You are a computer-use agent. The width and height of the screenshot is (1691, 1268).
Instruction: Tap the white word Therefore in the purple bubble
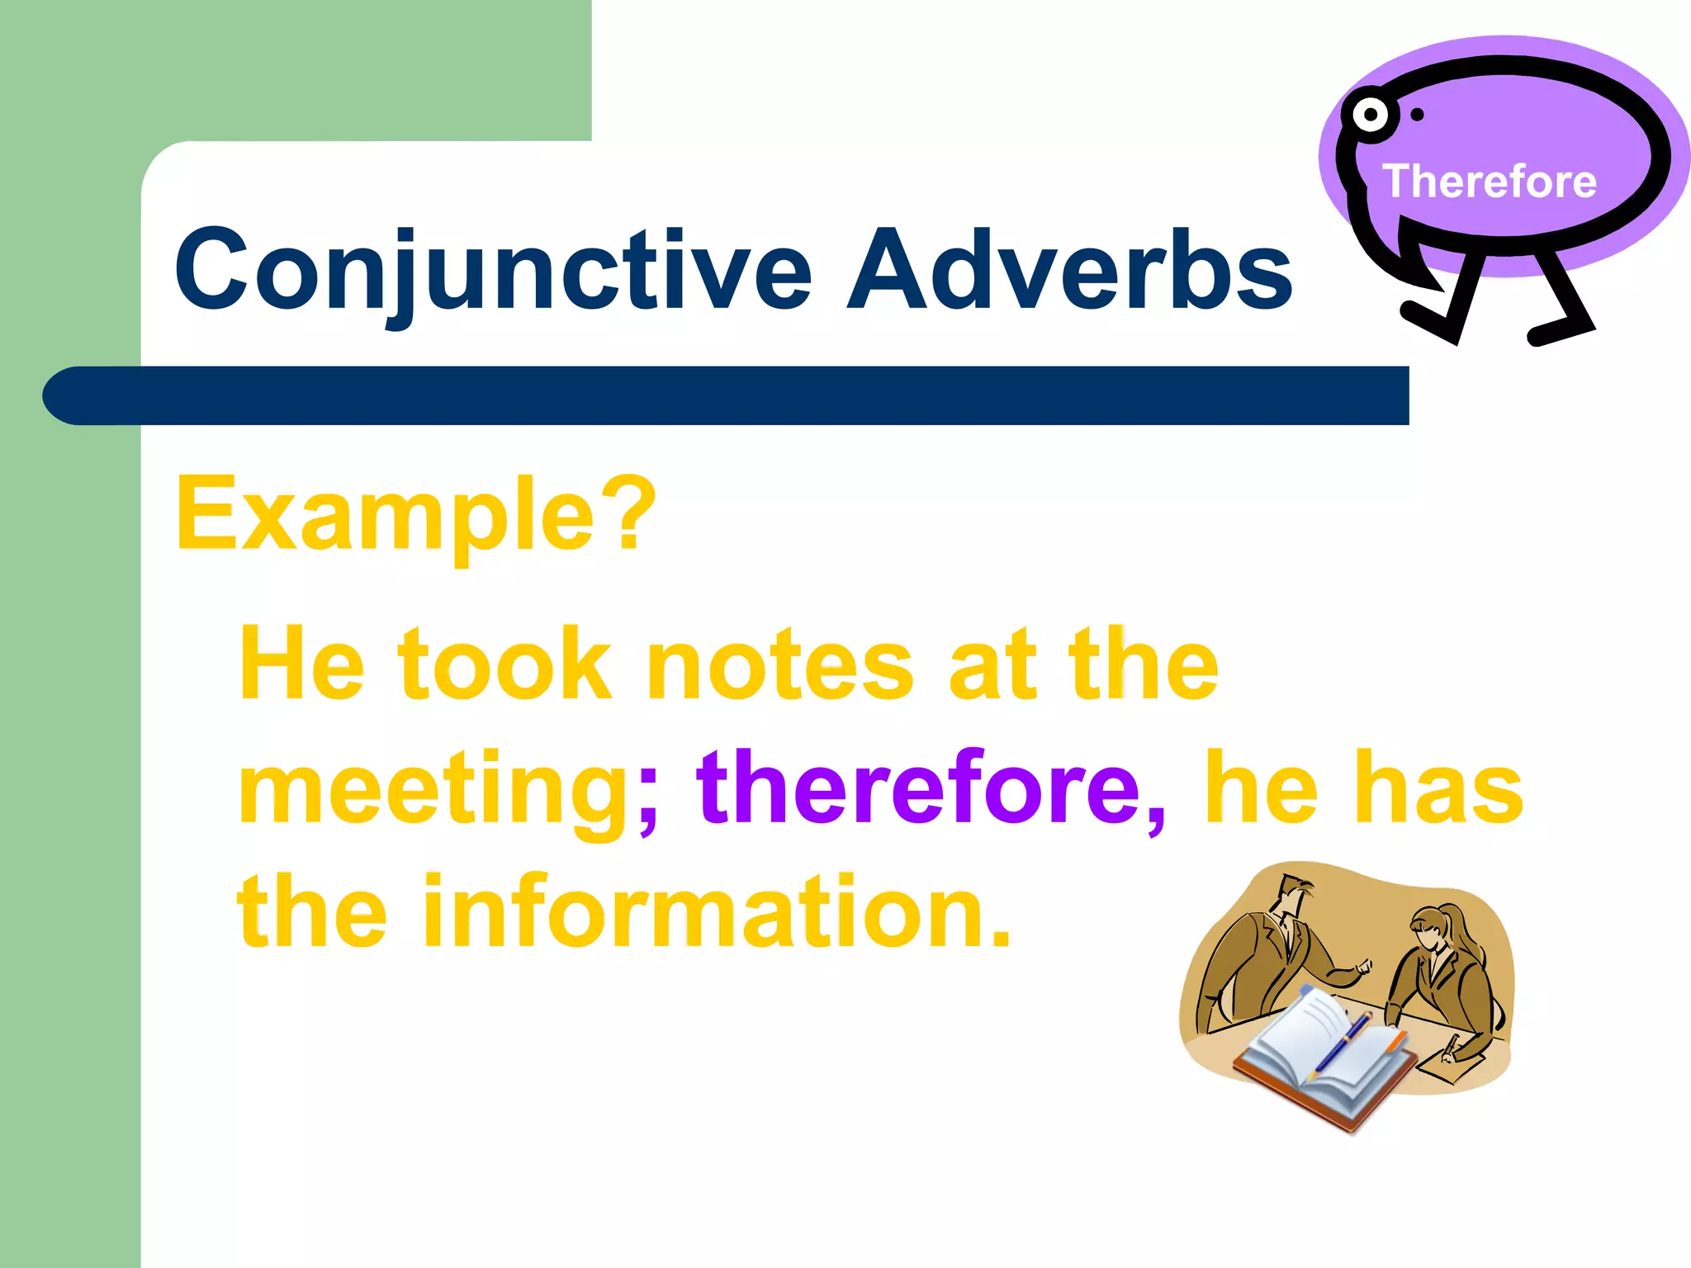click(x=1490, y=181)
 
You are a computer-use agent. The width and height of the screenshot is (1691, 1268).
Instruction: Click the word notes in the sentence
click(x=779, y=665)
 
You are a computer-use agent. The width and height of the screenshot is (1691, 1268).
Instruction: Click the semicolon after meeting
click(x=648, y=797)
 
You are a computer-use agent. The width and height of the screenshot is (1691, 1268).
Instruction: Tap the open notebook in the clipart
click(x=1321, y=1057)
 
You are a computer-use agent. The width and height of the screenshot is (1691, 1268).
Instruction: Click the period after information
click(x=1000, y=937)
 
